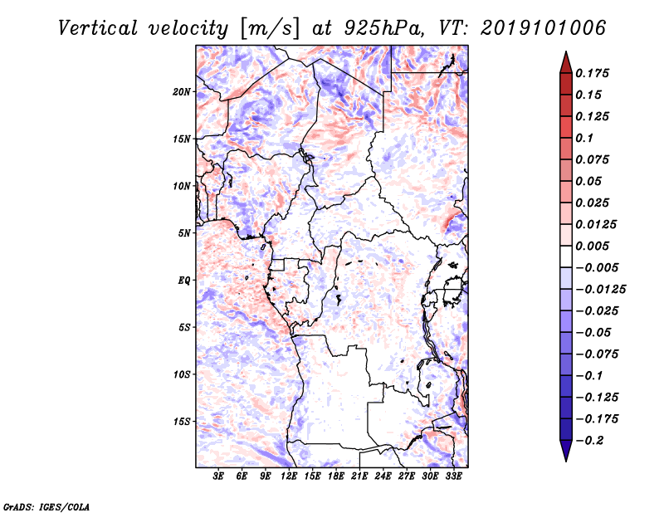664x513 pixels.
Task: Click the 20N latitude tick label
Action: point(182,92)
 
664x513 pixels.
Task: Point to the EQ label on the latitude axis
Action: point(184,281)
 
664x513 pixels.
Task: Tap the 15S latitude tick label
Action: point(182,422)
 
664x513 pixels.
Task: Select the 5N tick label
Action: point(184,233)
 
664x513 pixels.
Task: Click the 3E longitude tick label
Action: point(218,476)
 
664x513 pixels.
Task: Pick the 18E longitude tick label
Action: point(336,476)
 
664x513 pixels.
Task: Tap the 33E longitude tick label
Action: point(453,476)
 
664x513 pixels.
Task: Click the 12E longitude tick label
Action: point(289,476)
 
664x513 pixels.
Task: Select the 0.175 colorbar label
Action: point(592,73)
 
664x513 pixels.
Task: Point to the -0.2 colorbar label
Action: point(589,441)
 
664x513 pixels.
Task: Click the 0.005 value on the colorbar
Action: point(592,246)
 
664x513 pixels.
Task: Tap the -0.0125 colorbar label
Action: point(600,290)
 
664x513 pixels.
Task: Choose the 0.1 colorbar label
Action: point(584,138)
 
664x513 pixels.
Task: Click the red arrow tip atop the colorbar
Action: point(566,52)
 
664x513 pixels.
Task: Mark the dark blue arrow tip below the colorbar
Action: point(566,461)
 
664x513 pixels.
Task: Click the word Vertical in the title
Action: point(98,28)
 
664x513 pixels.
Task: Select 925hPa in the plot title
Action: point(383,28)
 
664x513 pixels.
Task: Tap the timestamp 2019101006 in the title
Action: point(544,28)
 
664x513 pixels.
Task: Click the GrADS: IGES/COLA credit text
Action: point(46,506)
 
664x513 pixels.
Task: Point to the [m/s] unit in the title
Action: point(269,29)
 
